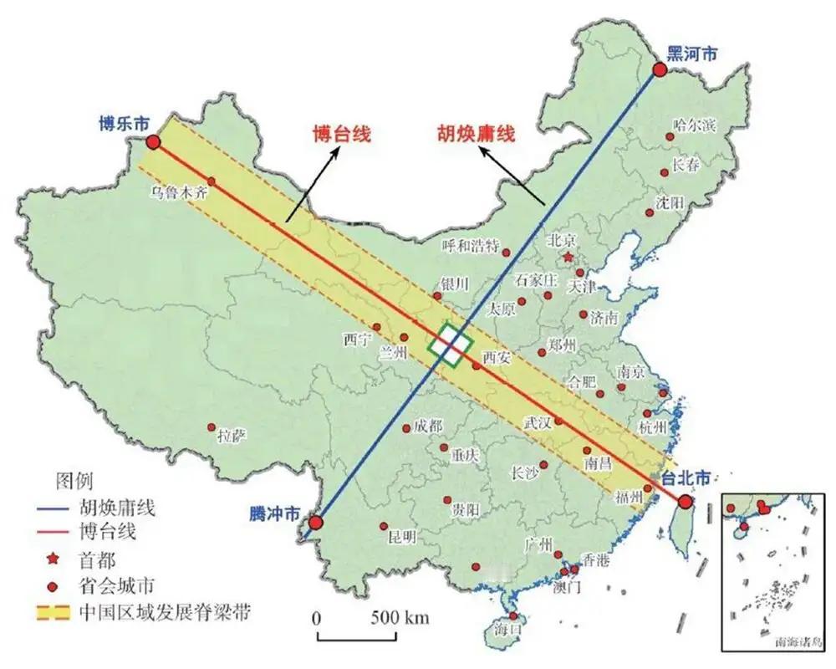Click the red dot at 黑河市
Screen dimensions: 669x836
click(x=659, y=70)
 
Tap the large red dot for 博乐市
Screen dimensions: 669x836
click(x=154, y=141)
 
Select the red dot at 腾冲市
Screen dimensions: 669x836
click(x=315, y=524)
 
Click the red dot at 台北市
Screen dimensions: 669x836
click(x=686, y=503)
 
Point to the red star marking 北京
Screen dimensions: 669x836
click(x=568, y=256)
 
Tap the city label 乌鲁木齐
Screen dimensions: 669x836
click(x=178, y=192)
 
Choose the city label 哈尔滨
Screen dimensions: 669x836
click(x=695, y=125)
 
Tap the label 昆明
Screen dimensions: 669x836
click(x=402, y=537)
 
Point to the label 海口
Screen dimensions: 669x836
click(x=508, y=627)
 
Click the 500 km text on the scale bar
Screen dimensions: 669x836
click(x=400, y=619)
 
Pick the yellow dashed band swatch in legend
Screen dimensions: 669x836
click(x=53, y=612)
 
